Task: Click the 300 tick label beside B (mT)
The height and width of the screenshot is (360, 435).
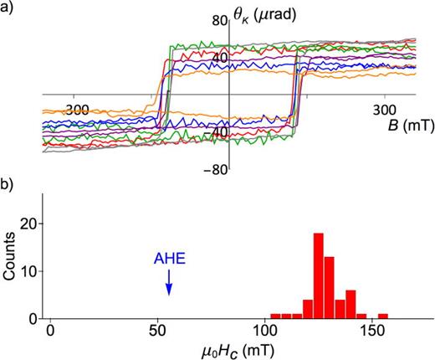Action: [x=384, y=110]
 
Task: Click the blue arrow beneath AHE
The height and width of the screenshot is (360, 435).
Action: [x=168, y=285]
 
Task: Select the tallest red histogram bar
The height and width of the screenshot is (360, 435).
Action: [x=318, y=276]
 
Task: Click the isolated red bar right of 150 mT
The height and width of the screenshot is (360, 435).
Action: [x=382, y=316]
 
